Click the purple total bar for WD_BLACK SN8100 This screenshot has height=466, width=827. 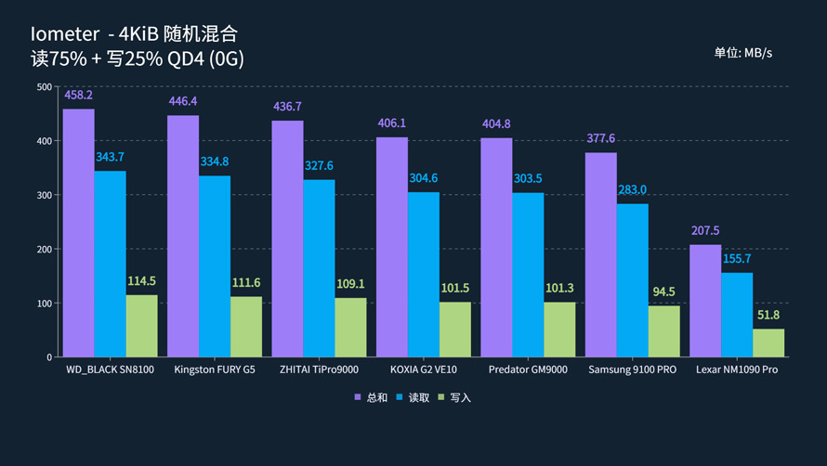[x=79, y=233]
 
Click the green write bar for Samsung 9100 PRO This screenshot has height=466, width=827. [x=663, y=331]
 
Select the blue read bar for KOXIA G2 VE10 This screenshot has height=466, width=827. [x=423, y=275]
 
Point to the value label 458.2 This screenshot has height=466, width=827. [x=79, y=96]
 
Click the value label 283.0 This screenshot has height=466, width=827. [x=632, y=190]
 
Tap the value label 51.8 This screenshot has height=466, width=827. [x=768, y=315]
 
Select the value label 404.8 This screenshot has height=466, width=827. [x=496, y=124]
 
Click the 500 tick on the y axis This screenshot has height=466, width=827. [x=44, y=87]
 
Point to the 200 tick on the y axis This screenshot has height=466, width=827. [x=44, y=250]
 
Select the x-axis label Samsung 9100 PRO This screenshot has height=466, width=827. [x=632, y=369]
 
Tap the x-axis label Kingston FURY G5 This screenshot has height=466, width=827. [x=215, y=369]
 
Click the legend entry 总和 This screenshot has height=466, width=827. [x=371, y=397]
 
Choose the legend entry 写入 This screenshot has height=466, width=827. [x=454, y=397]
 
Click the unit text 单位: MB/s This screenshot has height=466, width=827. [x=742, y=53]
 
